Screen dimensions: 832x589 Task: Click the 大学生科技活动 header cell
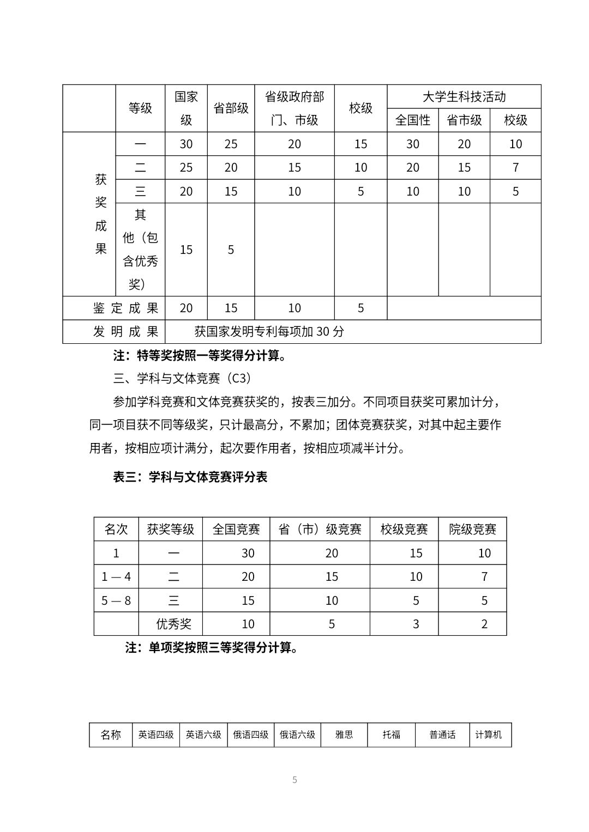(464, 97)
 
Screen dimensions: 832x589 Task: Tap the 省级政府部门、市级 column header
(294, 108)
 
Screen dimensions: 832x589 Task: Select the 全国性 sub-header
(413, 120)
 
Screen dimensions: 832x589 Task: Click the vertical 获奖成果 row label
(101, 214)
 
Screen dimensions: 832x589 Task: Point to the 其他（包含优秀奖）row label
(140, 250)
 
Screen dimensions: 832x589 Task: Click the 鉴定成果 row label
(125, 308)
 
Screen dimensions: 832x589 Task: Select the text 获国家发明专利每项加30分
(269, 332)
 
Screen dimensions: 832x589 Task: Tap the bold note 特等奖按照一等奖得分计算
(200, 356)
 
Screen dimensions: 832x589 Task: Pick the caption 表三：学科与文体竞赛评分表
(190, 477)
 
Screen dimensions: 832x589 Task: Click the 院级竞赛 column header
(472, 529)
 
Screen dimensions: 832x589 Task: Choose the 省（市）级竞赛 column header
(320, 529)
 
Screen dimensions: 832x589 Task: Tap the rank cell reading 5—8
(116, 600)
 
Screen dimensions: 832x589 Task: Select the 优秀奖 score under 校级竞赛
(416, 624)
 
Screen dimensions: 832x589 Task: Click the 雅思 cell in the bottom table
(344, 735)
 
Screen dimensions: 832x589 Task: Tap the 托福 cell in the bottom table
(392, 735)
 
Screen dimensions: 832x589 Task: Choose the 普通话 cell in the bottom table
(442, 735)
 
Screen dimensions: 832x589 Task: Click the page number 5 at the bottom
(294, 780)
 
